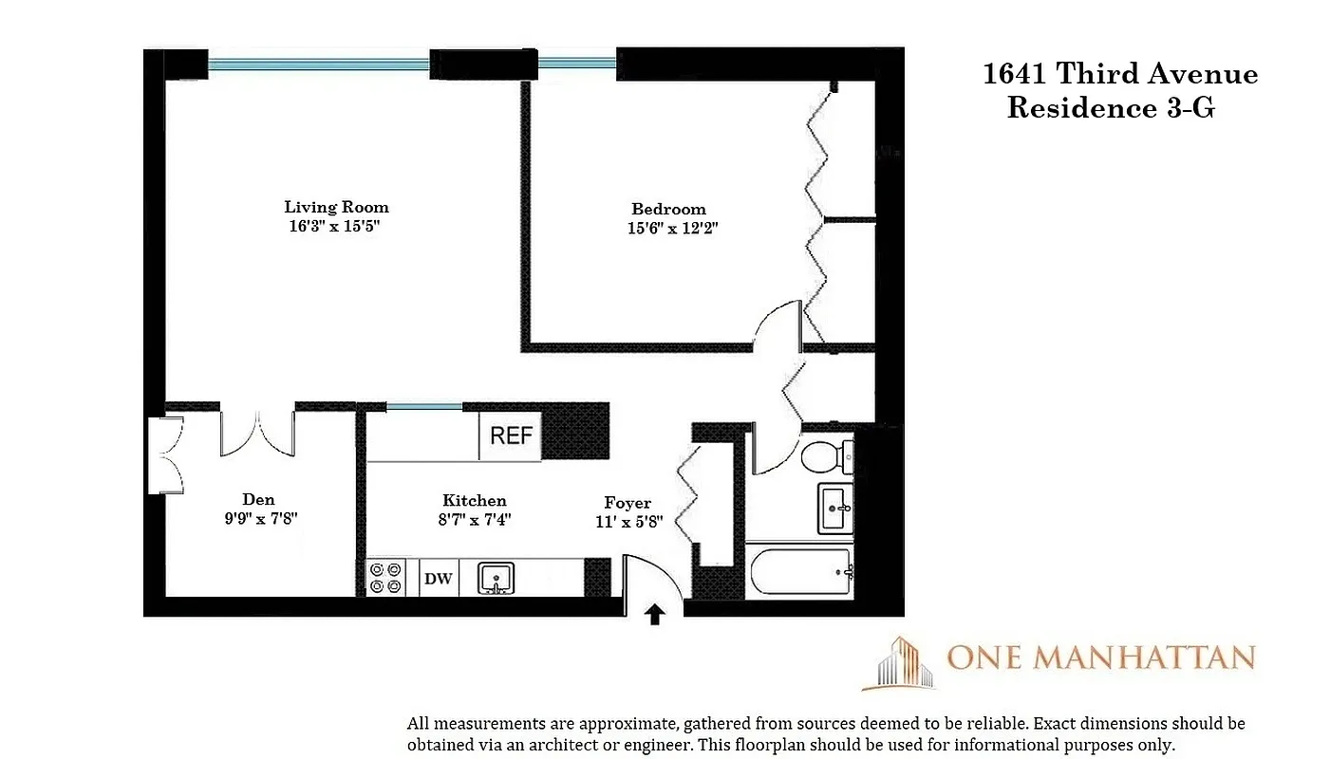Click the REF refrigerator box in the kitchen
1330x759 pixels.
click(511, 436)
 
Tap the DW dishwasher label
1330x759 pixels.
click(438, 578)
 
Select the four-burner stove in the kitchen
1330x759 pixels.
click(385, 578)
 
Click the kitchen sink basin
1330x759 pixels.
click(495, 577)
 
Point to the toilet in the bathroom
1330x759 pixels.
click(825, 457)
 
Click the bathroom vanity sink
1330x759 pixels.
click(835, 509)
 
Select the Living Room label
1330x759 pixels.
click(336, 207)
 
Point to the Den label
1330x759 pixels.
click(258, 499)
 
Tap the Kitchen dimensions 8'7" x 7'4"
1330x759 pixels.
click(474, 519)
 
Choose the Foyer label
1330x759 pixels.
click(628, 503)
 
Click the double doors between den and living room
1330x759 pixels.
click(257, 433)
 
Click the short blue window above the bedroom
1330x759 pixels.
click(577, 65)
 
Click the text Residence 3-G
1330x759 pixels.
click(1111, 108)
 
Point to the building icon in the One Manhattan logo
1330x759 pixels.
click(896, 662)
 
